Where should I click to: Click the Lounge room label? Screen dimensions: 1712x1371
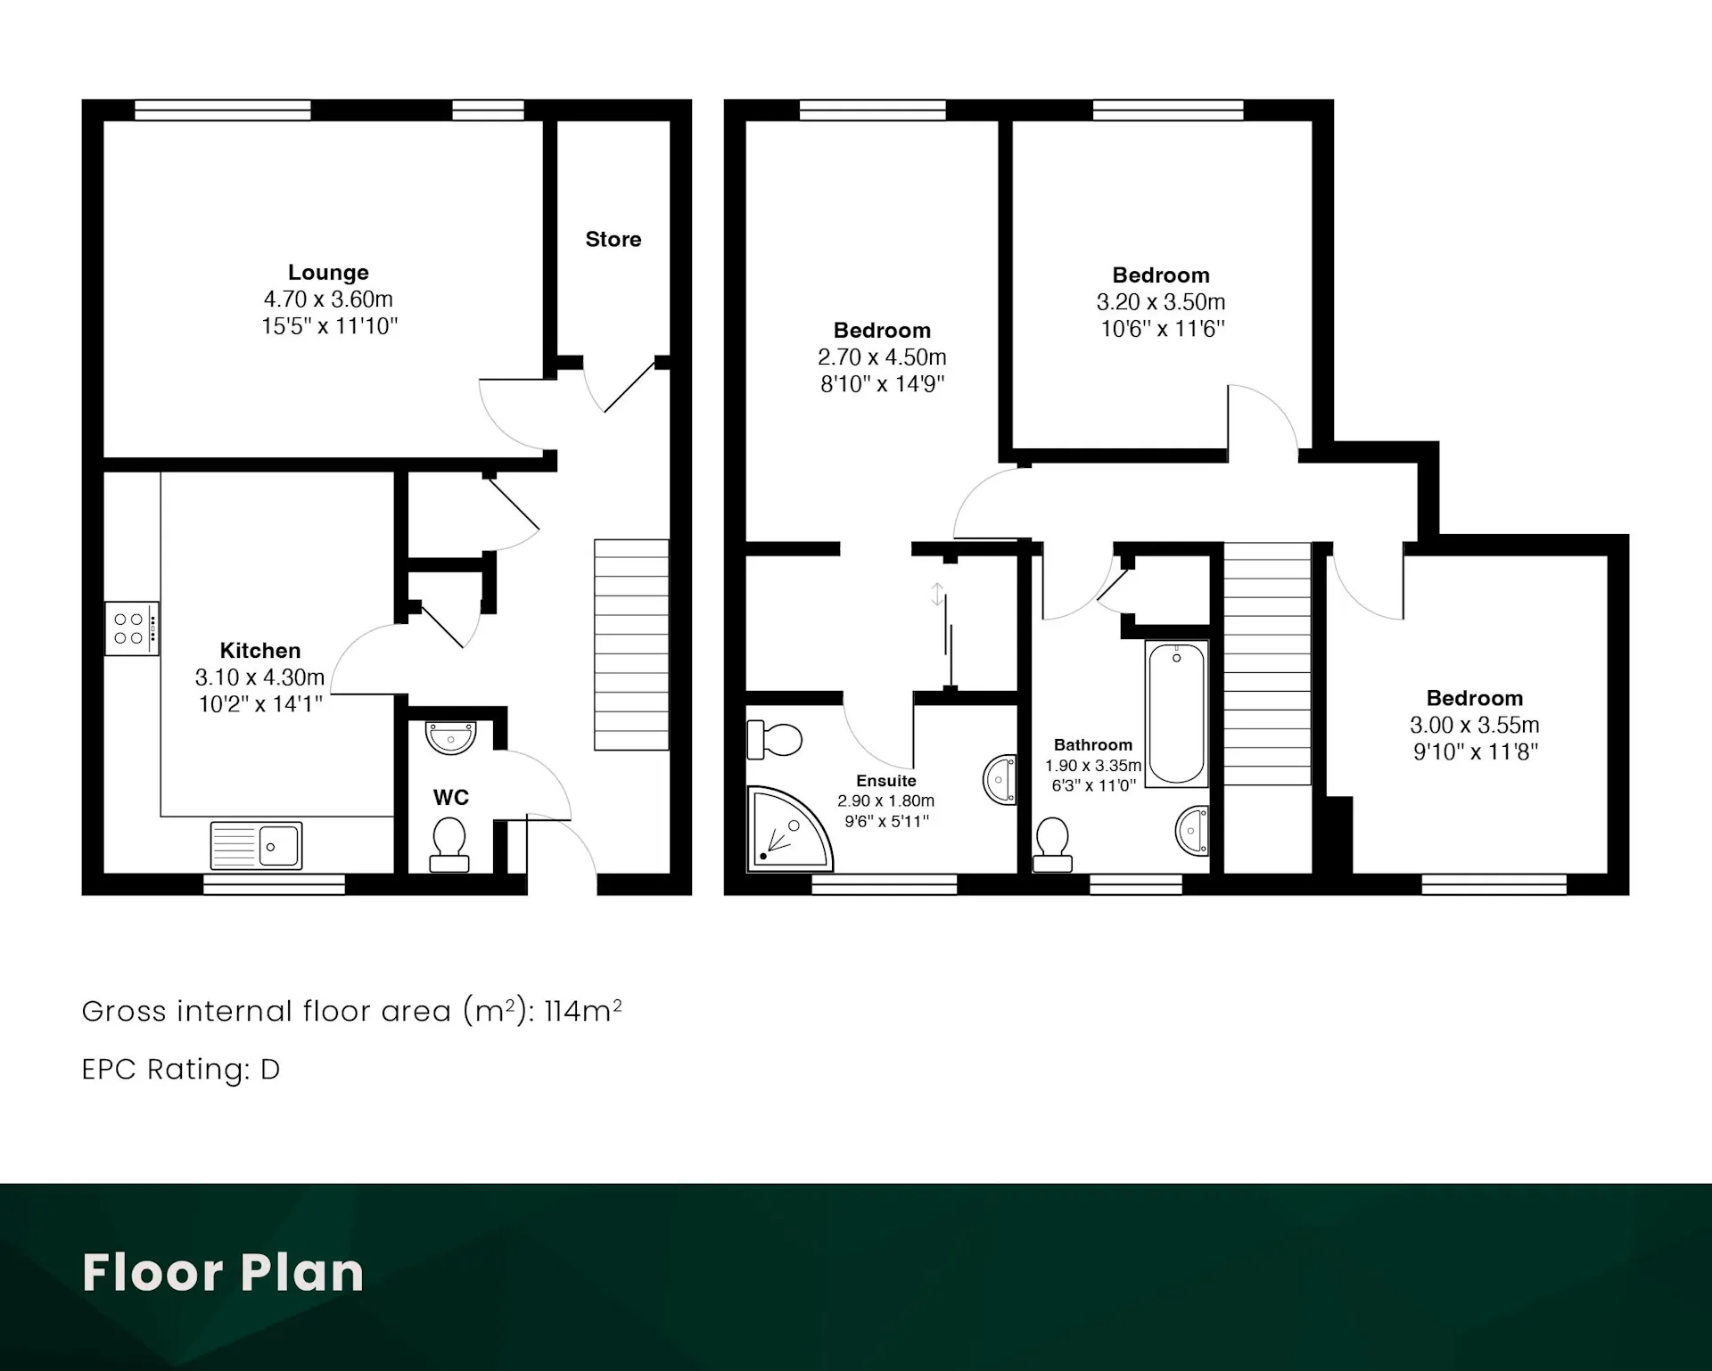[x=328, y=273]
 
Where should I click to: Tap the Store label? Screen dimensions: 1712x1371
[x=613, y=239]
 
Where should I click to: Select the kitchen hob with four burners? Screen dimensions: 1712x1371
[x=132, y=628]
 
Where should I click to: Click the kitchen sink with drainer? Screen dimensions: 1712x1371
[x=256, y=845]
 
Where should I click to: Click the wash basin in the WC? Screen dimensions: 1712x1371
[x=451, y=737]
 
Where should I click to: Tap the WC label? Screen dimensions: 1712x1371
[x=451, y=798]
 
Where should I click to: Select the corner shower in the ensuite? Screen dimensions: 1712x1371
[x=789, y=828]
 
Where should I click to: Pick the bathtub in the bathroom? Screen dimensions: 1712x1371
[x=1177, y=713]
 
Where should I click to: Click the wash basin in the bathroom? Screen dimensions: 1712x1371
[x=1193, y=831]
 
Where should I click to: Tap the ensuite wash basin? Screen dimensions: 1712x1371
[x=1000, y=780]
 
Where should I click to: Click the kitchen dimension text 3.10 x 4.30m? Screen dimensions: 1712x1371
[x=260, y=677]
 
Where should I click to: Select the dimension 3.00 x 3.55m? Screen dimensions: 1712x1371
[x=1475, y=726]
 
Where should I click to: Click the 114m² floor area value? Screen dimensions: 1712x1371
[x=583, y=1010]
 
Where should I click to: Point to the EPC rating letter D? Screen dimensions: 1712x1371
[x=270, y=1069]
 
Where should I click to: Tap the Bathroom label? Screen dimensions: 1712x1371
[x=1093, y=745]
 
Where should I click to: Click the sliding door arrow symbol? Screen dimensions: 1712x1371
[x=937, y=595]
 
